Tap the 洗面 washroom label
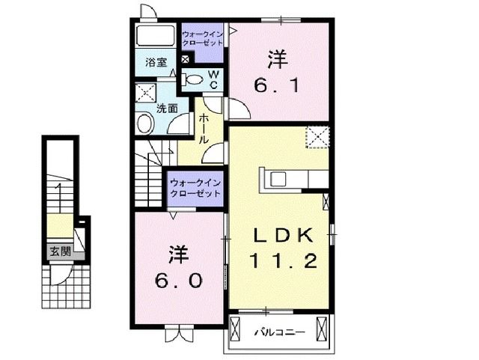point(166,107)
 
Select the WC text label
point(213,79)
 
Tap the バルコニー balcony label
point(277,329)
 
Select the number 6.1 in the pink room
point(278,86)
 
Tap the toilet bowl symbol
point(193,79)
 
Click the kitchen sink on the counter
point(278,179)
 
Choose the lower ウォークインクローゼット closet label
point(195,186)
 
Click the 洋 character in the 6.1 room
point(277,58)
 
